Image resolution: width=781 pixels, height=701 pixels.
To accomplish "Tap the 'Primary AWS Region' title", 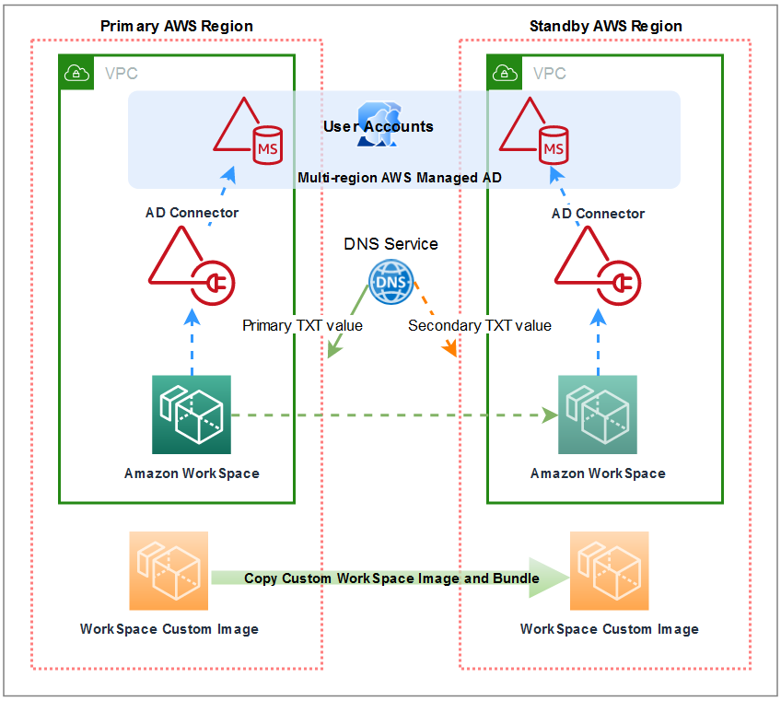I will tap(177, 26).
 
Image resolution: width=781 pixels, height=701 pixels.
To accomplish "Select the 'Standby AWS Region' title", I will tap(605, 26).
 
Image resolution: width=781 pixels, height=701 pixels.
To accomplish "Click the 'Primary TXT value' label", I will tap(302, 325).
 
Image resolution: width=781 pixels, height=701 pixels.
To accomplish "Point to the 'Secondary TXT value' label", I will tap(480, 325).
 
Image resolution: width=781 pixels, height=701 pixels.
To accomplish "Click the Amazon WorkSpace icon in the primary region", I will tap(192, 415).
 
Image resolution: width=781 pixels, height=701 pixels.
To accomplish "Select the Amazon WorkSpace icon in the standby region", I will tap(598, 415).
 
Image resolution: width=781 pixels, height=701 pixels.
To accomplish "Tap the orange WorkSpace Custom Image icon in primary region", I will tap(169, 570).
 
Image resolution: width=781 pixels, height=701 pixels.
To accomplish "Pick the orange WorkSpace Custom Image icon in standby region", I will tap(609, 570).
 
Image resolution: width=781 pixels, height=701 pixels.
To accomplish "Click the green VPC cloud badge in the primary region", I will tap(77, 73).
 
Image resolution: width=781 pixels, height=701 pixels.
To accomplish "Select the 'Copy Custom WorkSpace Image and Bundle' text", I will tap(391, 578).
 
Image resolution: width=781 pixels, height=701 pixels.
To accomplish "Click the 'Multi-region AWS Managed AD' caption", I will tap(400, 177).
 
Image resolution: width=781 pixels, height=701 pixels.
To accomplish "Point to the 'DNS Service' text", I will tap(390, 244).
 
